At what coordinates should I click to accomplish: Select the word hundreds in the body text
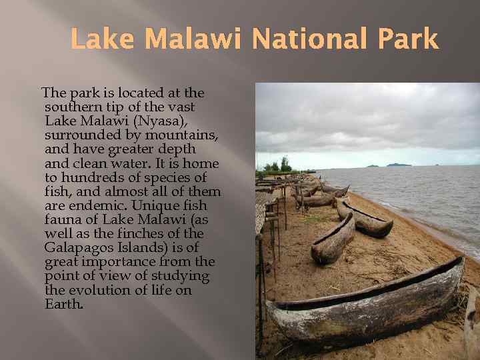pyautogui.click(x=95, y=178)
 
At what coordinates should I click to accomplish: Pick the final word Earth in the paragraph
pyautogui.click(x=64, y=304)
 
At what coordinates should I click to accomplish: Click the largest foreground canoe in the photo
pyautogui.click(x=367, y=303)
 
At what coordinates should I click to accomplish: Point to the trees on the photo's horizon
pyautogui.click(x=280, y=165)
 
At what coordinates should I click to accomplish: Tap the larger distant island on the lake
pyautogui.click(x=399, y=164)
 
